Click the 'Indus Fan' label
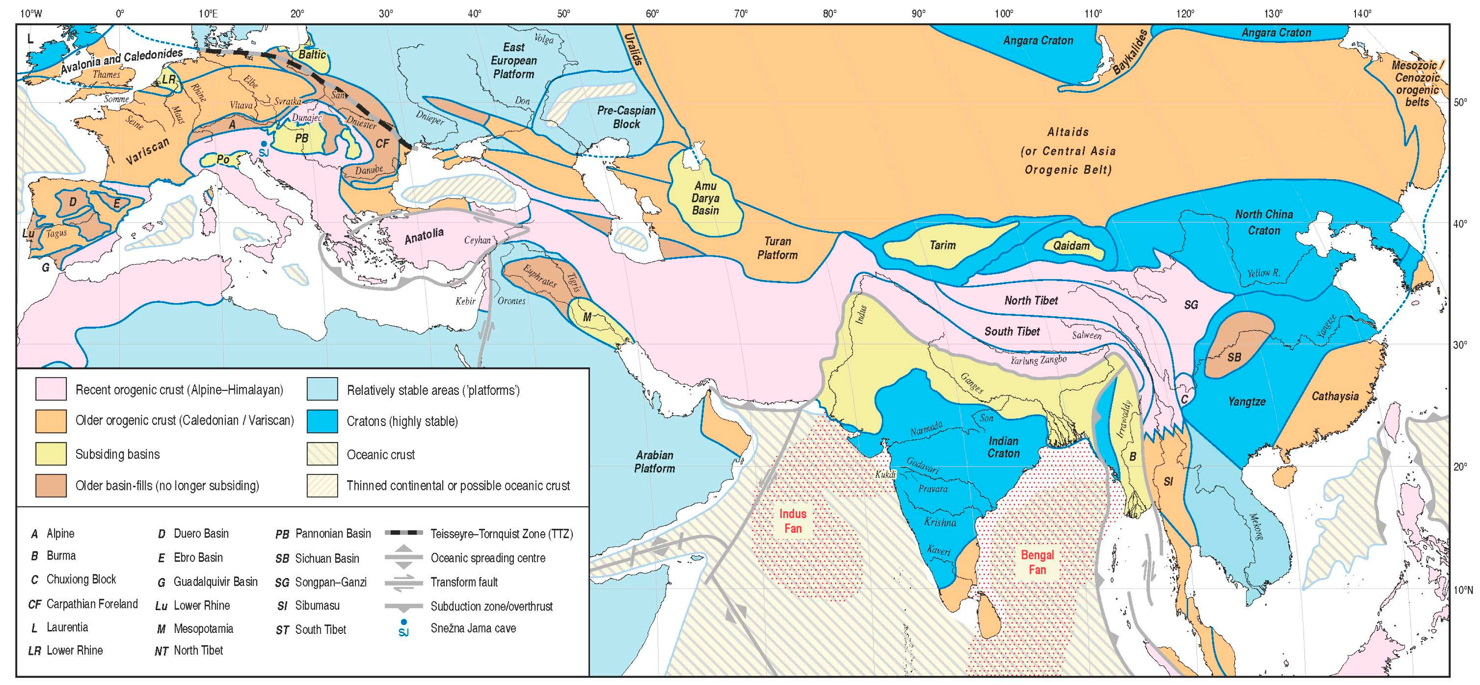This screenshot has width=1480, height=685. tap(792, 521)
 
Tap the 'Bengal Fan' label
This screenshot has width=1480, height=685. tap(1037, 562)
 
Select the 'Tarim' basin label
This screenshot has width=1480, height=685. tap(942, 246)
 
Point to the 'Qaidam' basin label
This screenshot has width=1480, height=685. tap(1071, 246)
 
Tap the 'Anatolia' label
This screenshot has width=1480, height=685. tap(424, 235)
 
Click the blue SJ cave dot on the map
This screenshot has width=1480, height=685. tap(263, 144)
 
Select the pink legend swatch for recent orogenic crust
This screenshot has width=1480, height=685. tap(50, 389)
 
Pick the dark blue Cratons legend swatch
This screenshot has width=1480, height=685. tap(322, 421)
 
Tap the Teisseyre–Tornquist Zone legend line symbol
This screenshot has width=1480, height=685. tap(403, 533)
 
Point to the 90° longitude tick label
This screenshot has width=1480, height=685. tap(918, 13)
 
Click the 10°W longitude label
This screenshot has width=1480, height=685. tap(30, 13)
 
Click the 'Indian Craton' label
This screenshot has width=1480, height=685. tap(1003, 447)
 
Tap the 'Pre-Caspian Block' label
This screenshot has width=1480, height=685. tap(626, 117)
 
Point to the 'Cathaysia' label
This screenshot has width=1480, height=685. tap(1334, 396)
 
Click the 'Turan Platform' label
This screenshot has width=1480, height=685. tap(777, 248)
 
